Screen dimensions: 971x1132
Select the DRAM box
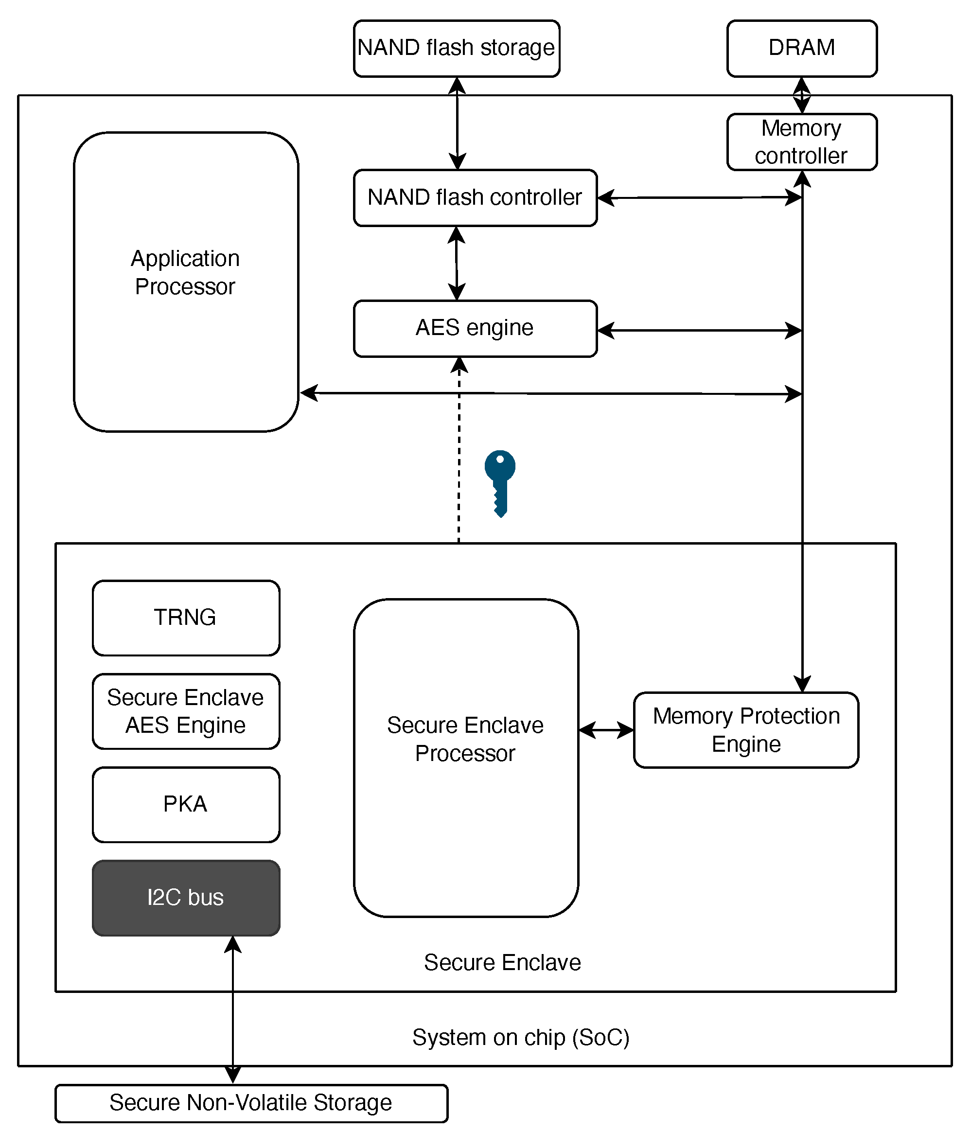[x=802, y=49]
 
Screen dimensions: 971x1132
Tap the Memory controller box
[x=802, y=142]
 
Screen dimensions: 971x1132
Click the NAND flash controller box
[x=476, y=198]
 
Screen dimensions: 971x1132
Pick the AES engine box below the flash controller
[x=476, y=328]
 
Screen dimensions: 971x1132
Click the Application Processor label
[x=185, y=272]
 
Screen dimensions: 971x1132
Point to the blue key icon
[x=500, y=483]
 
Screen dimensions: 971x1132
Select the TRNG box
[x=186, y=618]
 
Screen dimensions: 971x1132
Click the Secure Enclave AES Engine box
[x=186, y=711]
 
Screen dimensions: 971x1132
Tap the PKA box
[x=186, y=805]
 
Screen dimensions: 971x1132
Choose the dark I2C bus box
[x=186, y=898]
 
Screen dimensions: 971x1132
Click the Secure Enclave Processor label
[x=465, y=739]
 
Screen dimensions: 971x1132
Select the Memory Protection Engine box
[x=746, y=730]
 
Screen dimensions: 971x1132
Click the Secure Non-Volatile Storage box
[x=251, y=1103]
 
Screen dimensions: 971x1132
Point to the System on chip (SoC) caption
[x=521, y=1038]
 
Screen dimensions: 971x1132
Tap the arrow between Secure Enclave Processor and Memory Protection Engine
[x=606, y=730]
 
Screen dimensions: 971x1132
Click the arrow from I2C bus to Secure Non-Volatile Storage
[x=233, y=1009]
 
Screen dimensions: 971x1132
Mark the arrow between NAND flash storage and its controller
[x=457, y=124]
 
